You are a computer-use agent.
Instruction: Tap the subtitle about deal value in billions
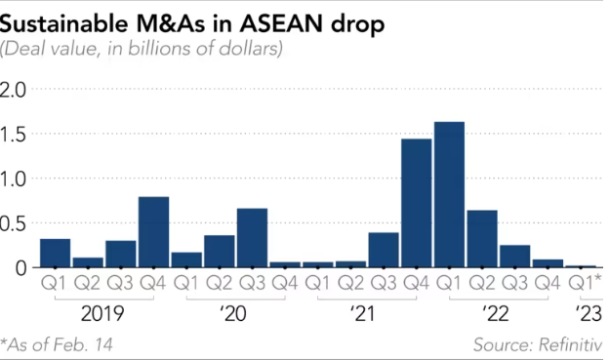click(x=142, y=48)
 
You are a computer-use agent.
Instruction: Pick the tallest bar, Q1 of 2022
click(x=449, y=194)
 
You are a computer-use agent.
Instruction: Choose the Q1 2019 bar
click(x=55, y=253)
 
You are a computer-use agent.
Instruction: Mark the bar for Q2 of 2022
click(x=482, y=238)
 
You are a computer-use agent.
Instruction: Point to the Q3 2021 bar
click(x=383, y=250)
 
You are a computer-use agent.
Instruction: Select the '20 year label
click(x=234, y=314)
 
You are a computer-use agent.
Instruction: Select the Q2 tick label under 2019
click(x=88, y=284)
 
